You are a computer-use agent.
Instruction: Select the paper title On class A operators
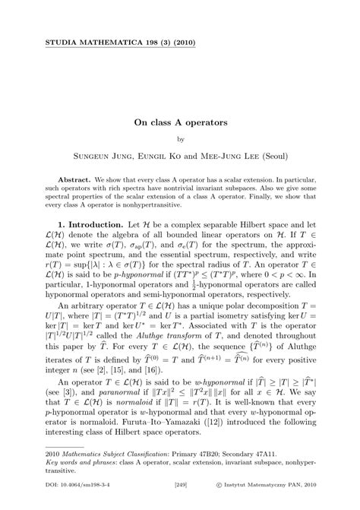pyautogui.click(x=180, y=120)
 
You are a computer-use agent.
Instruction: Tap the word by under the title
pyautogui.click(x=180, y=139)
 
